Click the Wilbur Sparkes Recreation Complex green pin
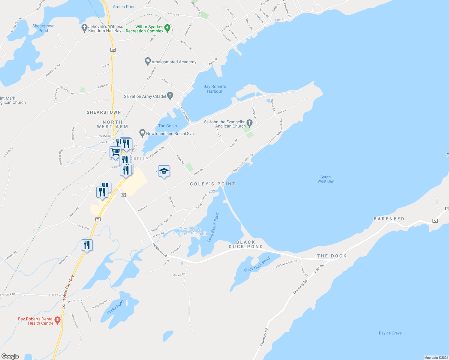pyautogui.click(x=167, y=29)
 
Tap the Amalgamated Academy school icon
pyautogui.click(x=147, y=61)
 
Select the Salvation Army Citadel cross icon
pyautogui.click(x=170, y=96)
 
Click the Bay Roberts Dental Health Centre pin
pyautogui.click(x=57, y=320)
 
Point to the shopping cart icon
pyautogui.click(x=115, y=152)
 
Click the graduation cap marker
pyautogui.click(x=164, y=171)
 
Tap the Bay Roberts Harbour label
pyautogui.click(x=215, y=89)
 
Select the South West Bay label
pyautogui.click(x=325, y=179)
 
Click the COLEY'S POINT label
pyautogui.click(x=212, y=184)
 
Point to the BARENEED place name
pyautogui.click(x=389, y=219)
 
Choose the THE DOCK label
pyautogui.click(x=332, y=256)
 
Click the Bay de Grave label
pyautogui.click(x=390, y=333)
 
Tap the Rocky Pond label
pyautogui.click(x=116, y=307)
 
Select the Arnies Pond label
pyautogui.click(x=124, y=7)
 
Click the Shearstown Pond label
pyautogui.click(x=43, y=28)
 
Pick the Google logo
pyautogui.click(x=10, y=356)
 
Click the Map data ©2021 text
pyautogui.click(x=436, y=358)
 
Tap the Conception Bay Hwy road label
pyautogui.click(x=68, y=292)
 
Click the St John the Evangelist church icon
pyautogui.click(x=249, y=123)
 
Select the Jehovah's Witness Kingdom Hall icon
pyautogui.click(x=84, y=28)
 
